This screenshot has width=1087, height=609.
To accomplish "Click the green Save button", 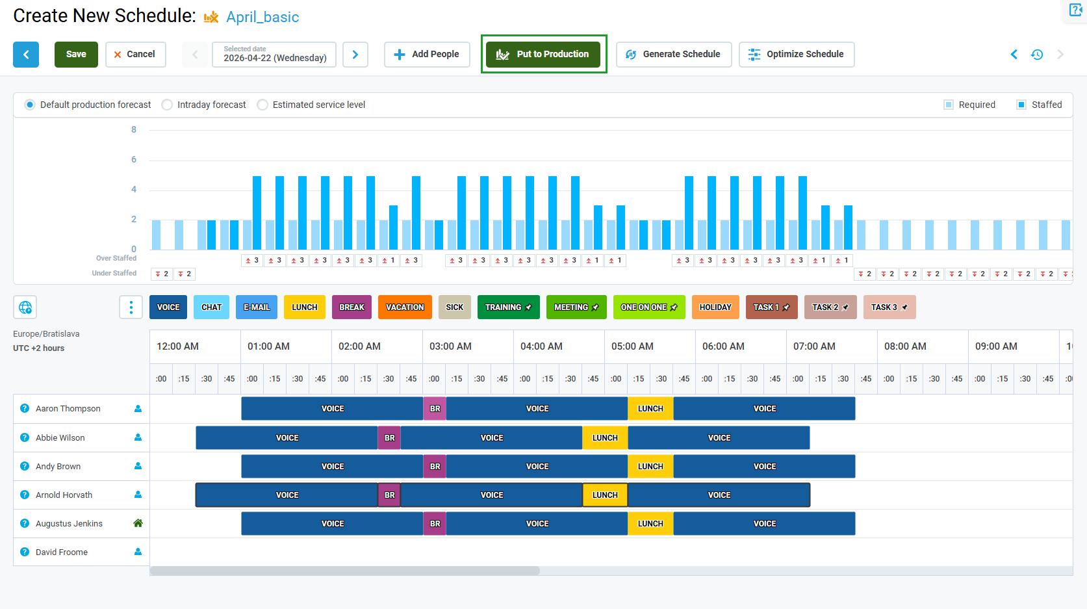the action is coord(76,55).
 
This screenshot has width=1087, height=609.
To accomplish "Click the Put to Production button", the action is coord(543,55).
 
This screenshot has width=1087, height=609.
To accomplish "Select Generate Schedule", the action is coord(674,55).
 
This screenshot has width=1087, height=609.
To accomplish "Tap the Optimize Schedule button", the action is coord(797,55).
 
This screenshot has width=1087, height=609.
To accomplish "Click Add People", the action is coord(427,55).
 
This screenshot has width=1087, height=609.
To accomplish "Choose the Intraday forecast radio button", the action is coord(167,105).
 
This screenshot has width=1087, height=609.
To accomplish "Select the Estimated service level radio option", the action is coord(262,105).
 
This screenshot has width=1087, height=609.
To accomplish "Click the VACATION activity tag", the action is coord(405,307).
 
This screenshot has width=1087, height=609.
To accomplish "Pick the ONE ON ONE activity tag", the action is coord(649,307).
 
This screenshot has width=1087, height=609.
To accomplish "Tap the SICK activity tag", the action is coord(455,307).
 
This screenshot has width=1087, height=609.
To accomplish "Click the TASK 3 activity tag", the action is coord(889,307).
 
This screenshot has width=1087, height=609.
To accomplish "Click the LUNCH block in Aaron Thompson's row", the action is coord(650,409).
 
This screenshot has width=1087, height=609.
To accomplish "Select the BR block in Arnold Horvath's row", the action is coord(389,495).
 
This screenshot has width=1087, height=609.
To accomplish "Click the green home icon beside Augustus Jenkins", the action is coord(138,523).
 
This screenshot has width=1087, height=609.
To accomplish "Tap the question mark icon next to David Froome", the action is coord(25,552).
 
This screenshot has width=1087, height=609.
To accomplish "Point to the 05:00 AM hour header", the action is coord(632,346).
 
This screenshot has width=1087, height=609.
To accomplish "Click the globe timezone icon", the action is coord(25,307).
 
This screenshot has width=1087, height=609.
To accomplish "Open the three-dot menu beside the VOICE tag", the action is coord(131,307).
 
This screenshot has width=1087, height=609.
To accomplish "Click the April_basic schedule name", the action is coord(262,17).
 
